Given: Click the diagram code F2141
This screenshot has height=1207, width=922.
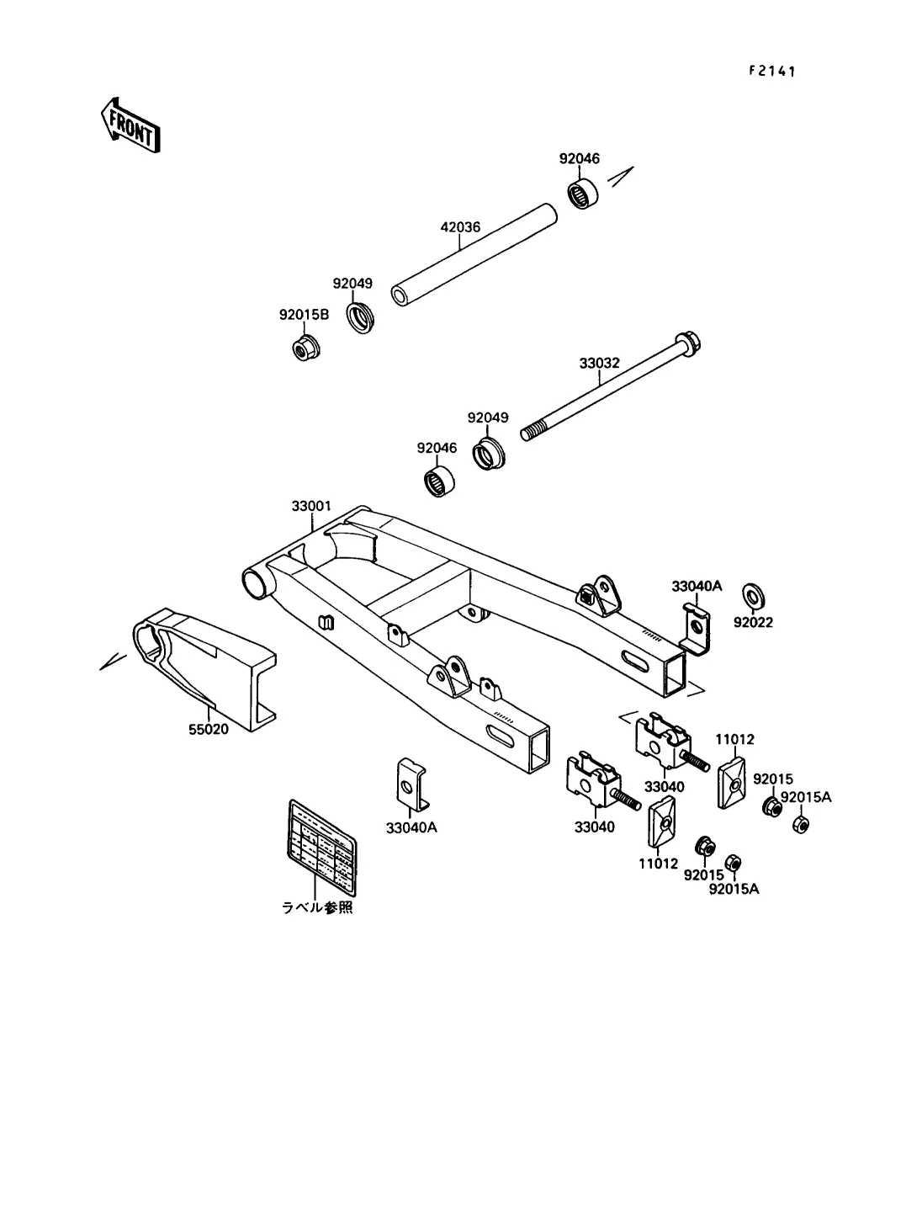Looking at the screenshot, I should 772,71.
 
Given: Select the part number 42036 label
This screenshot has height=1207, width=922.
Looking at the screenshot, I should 460,227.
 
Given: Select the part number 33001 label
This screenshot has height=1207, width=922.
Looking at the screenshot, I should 311,506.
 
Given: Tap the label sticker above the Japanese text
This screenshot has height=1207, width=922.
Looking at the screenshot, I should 321,846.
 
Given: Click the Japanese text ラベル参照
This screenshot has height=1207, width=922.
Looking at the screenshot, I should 317,908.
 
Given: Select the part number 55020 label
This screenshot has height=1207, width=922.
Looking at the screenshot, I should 208,729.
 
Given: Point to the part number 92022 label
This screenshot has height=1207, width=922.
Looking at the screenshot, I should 753,622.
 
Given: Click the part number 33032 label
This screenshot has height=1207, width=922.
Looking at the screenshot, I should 599,364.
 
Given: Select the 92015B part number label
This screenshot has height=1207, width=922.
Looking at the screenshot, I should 305,315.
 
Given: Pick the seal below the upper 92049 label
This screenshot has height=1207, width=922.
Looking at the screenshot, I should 363,316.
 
